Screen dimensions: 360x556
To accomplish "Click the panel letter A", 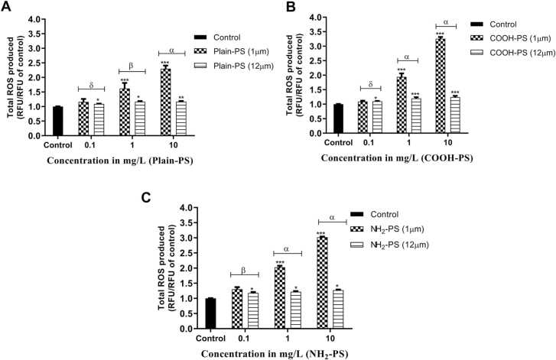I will (7, 7).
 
